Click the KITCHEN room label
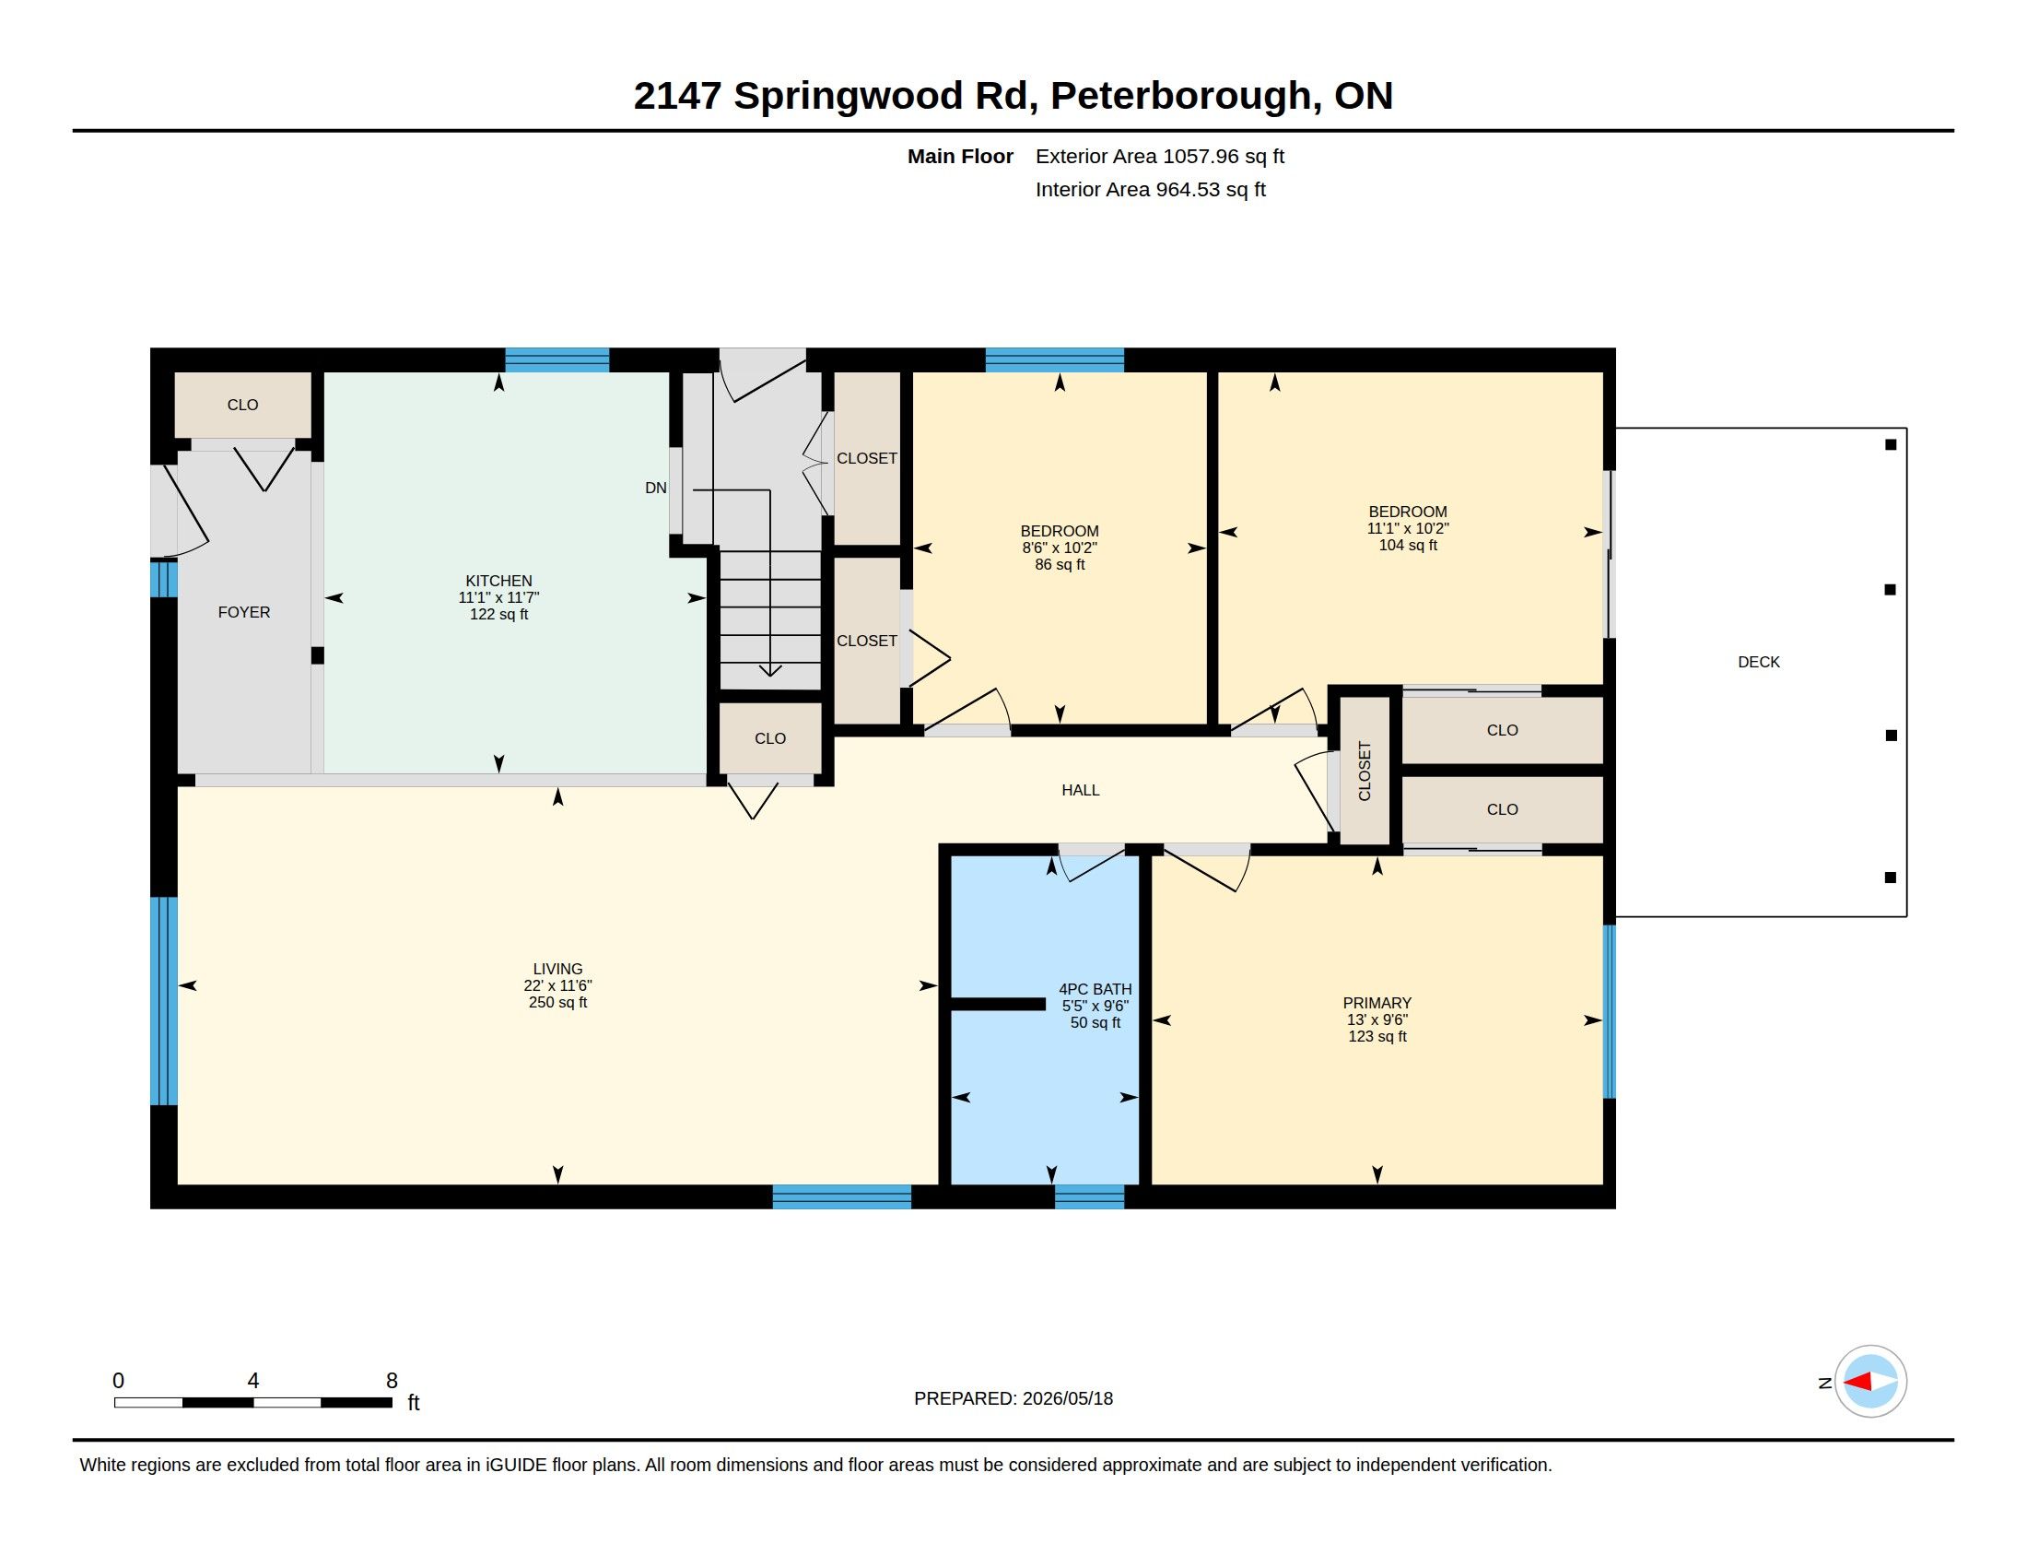coord(498,581)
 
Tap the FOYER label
coord(244,612)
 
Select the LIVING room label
coord(557,969)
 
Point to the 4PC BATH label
coord(1096,990)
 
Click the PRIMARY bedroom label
coord(1377,1004)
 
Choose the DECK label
coord(1759,662)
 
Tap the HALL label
coord(1081,790)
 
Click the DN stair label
coord(656,488)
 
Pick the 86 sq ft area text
coord(1060,564)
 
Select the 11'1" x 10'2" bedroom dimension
coord(1408,528)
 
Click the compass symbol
coord(1870,1382)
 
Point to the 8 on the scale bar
coord(392,1381)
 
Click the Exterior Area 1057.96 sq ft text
coord(1160,156)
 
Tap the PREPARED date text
coord(1013,1398)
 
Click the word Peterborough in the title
coord(1181,96)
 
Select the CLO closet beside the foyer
coord(243,405)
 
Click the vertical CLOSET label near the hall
coord(1365,771)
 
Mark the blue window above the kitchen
coord(557,359)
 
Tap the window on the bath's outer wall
coord(1090,1196)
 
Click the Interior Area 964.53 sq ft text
coord(1151,189)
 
